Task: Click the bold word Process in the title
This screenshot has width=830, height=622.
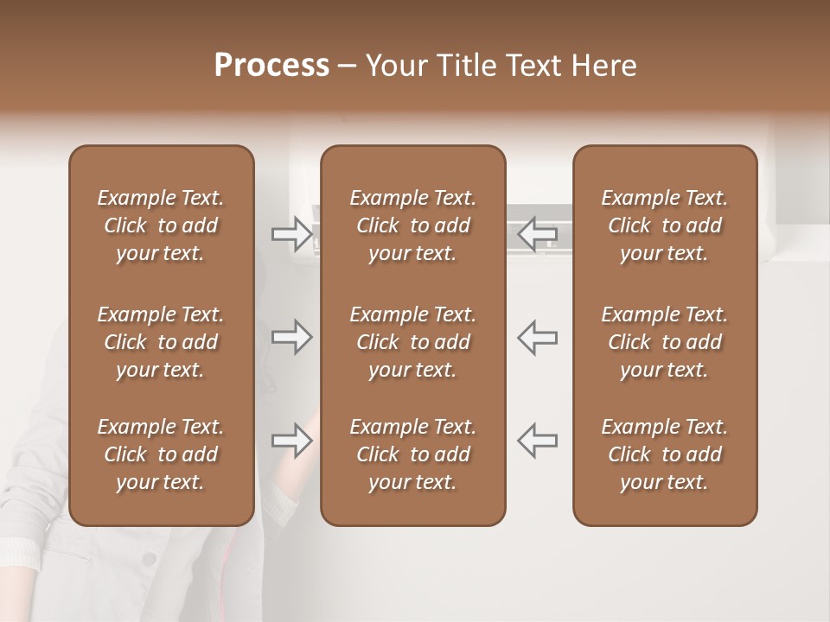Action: click(x=271, y=66)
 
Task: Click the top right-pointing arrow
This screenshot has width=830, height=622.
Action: click(x=291, y=233)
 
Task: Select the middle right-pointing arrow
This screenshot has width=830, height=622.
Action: click(x=291, y=337)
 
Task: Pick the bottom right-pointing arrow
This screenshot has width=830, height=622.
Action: click(x=291, y=441)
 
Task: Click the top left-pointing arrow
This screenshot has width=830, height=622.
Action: click(x=538, y=233)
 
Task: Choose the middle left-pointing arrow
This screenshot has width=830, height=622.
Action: click(x=538, y=337)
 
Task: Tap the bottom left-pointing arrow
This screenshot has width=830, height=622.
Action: click(x=538, y=441)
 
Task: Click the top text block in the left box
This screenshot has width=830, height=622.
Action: click(x=161, y=225)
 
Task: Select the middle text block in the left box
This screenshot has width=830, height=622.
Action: click(x=161, y=342)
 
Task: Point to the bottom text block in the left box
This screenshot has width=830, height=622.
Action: click(x=161, y=454)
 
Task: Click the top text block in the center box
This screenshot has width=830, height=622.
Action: click(x=413, y=225)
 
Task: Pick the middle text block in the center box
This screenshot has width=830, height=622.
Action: click(x=413, y=342)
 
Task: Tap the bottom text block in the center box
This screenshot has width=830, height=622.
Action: click(x=413, y=454)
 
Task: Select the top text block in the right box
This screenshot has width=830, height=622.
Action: click(x=665, y=225)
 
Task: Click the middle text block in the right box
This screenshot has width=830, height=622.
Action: click(x=665, y=342)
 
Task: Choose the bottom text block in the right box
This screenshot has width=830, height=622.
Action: click(x=665, y=454)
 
